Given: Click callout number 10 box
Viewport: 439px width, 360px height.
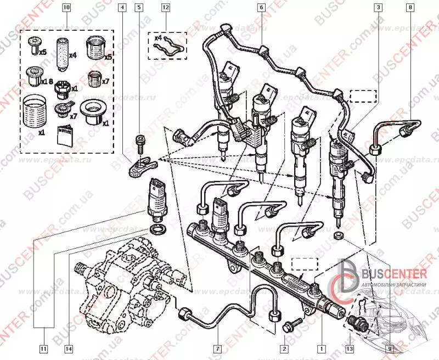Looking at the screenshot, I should pyautogui.click(x=67, y=8).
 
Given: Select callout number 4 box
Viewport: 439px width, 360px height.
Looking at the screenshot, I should pyautogui.click(x=122, y=8).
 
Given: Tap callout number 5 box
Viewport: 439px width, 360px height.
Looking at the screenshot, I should pyautogui.click(x=139, y=8).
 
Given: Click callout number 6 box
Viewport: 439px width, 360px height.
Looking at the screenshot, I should pyautogui.click(x=261, y=8).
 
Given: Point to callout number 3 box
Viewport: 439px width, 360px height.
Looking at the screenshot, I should pyautogui.click(x=379, y=8).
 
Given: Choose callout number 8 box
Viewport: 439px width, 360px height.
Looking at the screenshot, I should pyautogui.click(x=410, y=8).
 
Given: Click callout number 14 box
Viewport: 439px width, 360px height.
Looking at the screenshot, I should pyautogui.click(x=68, y=347).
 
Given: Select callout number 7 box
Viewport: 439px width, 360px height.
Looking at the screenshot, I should pyautogui.click(x=217, y=347).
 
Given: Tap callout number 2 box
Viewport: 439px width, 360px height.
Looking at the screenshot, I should pyautogui.click(x=284, y=347).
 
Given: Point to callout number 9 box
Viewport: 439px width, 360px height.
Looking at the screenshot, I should pyautogui.click(x=390, y=347).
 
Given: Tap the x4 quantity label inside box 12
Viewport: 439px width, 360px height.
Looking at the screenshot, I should pyautogui.click(x=159, y=38).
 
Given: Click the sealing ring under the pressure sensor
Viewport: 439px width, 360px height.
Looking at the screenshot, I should pyautogui.click(x=156, y=227).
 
